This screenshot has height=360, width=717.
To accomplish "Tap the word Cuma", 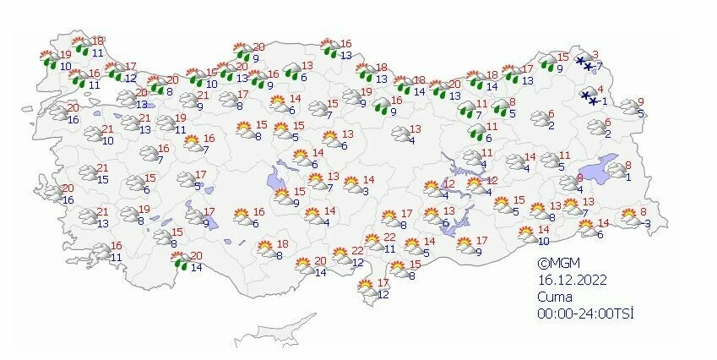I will click(x=555, y=297).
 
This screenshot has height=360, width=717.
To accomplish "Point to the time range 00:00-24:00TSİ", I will click(x=585, y=314).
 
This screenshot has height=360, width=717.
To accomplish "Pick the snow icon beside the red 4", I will click(x=589, y=98).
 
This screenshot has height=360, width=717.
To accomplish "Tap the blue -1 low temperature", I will click(x=602, y=102).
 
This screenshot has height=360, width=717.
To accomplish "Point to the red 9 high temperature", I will click(x=641, y=101).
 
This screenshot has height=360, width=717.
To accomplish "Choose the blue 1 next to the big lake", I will click(x=629, y=176).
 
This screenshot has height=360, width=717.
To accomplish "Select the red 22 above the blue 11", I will click(x=389, y=238).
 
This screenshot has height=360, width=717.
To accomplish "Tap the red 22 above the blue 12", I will click(x=358, y=251).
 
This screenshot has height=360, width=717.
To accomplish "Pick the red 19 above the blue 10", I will click(x=66, y=54).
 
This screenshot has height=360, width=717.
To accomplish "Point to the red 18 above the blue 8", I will click(x=283, y=243).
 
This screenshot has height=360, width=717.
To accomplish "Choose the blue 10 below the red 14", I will click(x=544, y=241).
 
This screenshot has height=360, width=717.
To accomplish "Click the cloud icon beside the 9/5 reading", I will click(x=629, y=106).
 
